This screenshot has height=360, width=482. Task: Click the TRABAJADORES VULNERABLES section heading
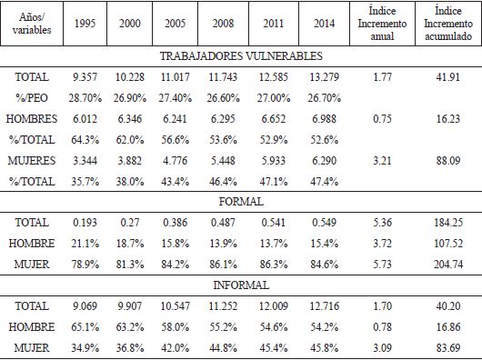(240, 57)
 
